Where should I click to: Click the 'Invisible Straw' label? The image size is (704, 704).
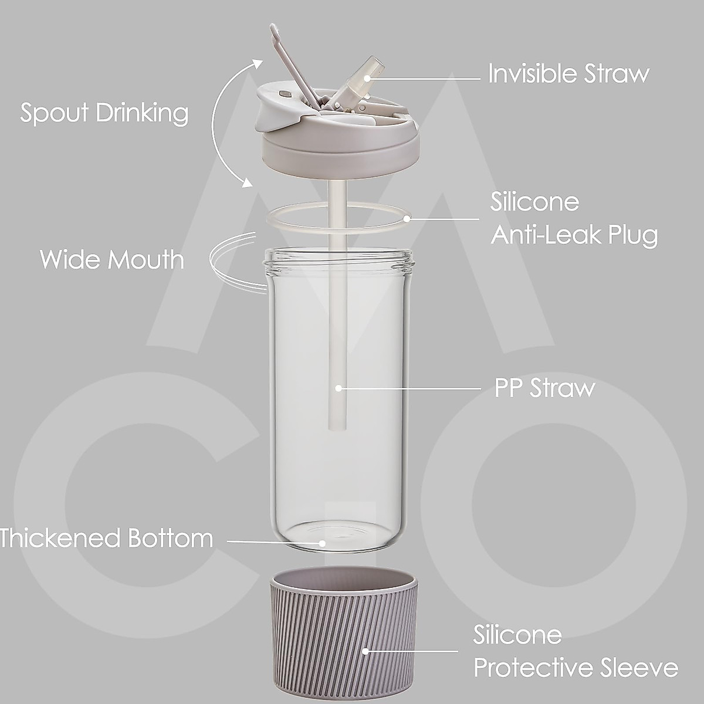568,74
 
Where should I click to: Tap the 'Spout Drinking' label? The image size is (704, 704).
104,112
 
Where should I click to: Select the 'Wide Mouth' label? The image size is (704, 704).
111,259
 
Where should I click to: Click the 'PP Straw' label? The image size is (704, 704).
544,388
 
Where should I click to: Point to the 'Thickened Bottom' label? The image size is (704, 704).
106,538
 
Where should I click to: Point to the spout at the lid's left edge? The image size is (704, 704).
270,114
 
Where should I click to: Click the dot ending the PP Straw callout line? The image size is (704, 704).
339,388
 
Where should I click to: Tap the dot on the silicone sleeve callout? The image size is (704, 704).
365,651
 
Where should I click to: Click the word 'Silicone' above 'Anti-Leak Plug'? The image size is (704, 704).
534,202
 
